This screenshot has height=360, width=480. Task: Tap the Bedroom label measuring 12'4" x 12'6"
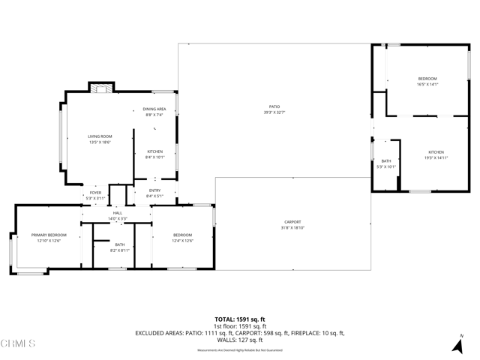tap(183, 238)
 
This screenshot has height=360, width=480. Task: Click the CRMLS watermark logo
tap(19, 344)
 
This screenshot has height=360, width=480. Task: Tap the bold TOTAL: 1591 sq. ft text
tap(239, 319)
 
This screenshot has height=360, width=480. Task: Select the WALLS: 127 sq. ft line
tap(239, 340)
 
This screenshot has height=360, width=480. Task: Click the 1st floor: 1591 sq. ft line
tap(239, 326)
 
